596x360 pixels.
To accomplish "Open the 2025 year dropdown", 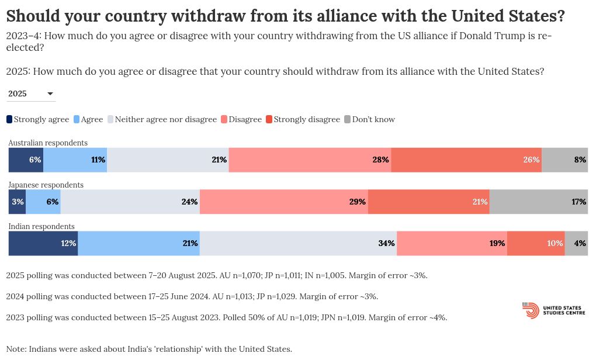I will [31, 94].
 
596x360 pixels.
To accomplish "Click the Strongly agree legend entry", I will [38, 119].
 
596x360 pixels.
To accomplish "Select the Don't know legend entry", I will [370, 119].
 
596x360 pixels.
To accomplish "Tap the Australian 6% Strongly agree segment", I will [26, 160].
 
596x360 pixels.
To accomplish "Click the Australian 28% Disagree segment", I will [310, 160].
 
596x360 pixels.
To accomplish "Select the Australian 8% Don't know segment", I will [564, 160].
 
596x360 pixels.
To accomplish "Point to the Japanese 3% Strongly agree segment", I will [17, 202].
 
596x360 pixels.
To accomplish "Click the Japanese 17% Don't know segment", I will [538, 202].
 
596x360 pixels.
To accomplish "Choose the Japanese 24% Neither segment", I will [130, 202].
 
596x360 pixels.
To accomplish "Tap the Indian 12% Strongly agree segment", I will [43, 243].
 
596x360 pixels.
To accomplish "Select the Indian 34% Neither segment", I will [298, 243].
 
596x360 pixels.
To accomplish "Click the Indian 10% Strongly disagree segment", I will [536, 243].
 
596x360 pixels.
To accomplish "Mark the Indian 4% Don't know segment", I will [576, 243].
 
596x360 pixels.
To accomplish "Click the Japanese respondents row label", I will [46, 185].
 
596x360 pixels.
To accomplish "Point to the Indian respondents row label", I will [41, 226].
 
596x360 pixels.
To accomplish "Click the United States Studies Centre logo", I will [553, 310].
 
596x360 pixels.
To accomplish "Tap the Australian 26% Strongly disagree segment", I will [466, 160].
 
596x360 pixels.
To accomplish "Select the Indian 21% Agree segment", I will [138, 243].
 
